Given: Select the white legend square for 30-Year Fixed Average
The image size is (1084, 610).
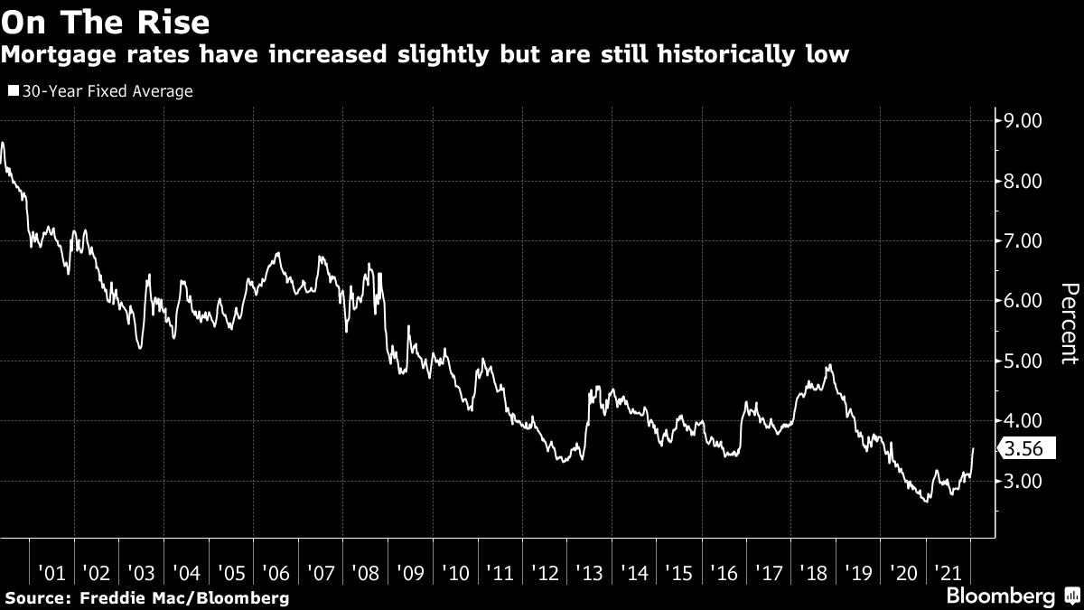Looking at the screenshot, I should click(x=13, y=91).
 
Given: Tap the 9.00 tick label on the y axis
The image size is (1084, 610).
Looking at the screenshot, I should click(x=1018, y=121).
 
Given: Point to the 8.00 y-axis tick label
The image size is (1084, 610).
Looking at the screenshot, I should click(x=1018, y=182).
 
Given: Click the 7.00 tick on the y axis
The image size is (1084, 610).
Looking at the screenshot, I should click(x=1018, y=241).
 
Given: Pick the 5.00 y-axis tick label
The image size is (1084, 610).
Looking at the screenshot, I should click(x=1018, y=361).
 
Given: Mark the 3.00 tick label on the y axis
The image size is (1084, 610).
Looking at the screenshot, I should click(x=1018, y=482).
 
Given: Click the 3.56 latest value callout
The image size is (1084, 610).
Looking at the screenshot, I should click(x=1023, y=449).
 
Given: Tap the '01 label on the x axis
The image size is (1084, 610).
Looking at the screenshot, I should click(x=51, y=573).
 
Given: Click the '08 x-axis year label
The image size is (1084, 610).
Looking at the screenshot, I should click(x=365, y=573).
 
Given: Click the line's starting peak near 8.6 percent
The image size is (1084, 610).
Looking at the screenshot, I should click(x=5, y=143).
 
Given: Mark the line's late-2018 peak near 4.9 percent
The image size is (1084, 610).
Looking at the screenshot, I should click(x=829, y=365).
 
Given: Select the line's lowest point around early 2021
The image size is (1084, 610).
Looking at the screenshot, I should click(x=926, y=501).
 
